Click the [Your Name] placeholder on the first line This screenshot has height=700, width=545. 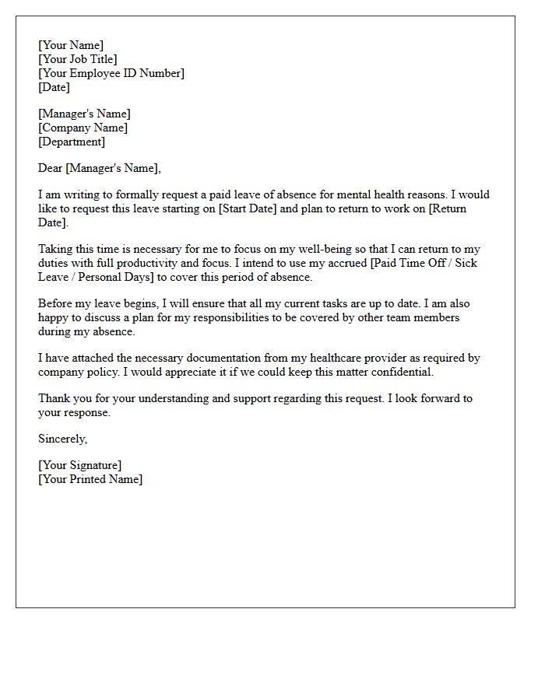pos(71,45)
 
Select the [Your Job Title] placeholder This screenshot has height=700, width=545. pos(78,59)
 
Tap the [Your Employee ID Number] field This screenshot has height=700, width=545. pos(111,73)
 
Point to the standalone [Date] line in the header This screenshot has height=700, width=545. pos(54,87)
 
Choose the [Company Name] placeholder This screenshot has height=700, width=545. pos(83,128)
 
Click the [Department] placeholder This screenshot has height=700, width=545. pos(72,142)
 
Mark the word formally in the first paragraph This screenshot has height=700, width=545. pos(122,194)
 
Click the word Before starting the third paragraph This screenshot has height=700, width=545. pos(55,303)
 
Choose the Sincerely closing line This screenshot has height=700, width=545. pos(63,439)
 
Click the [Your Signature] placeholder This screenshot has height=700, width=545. pos(80,465)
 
